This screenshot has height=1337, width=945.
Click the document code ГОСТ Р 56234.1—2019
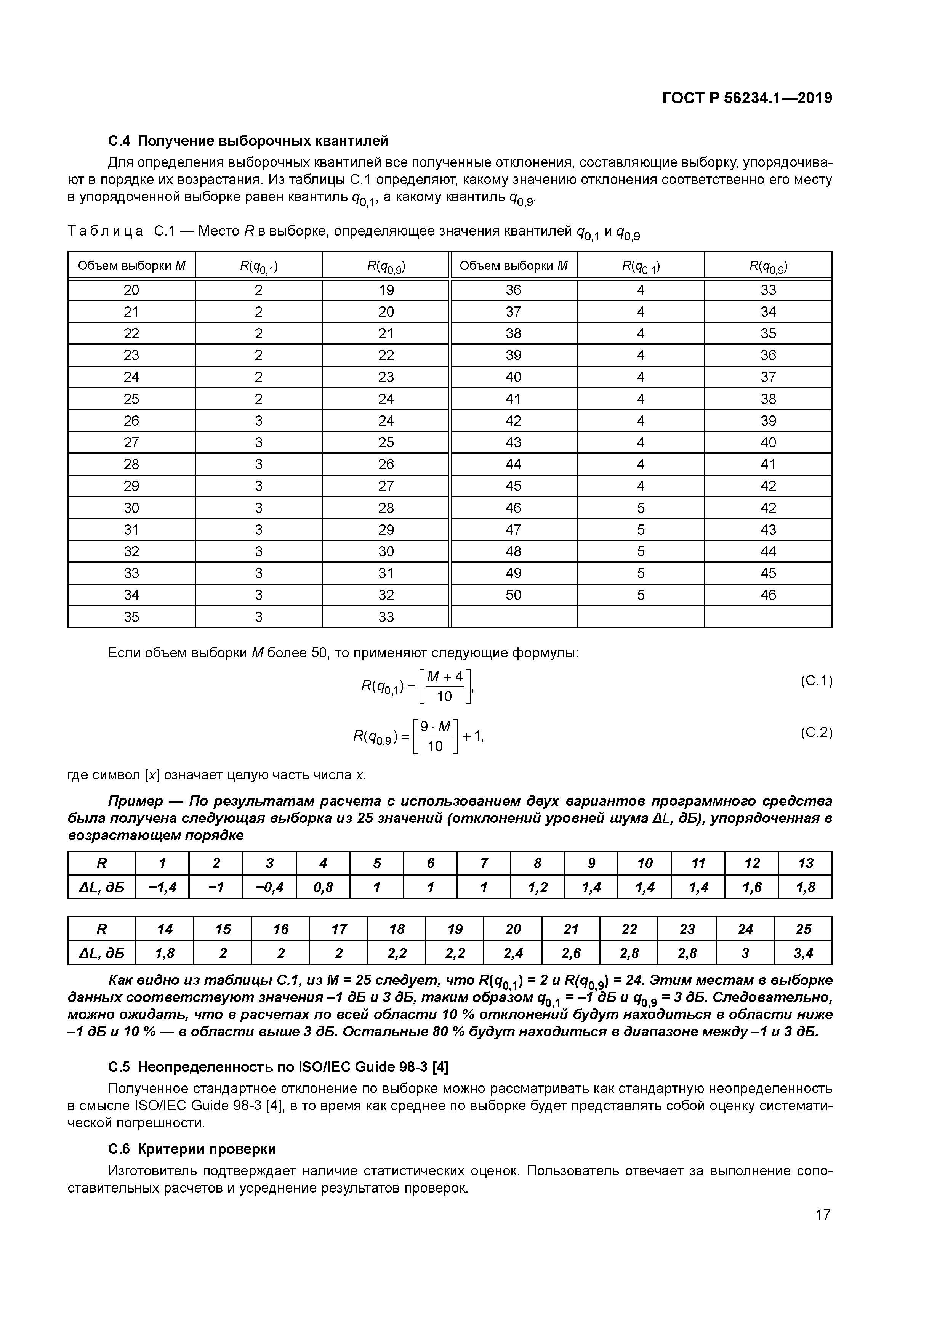(747, 98)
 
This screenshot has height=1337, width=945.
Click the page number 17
(823, 1215)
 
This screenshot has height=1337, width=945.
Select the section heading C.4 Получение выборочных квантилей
(248, 141)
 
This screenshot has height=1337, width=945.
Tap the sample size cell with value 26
(131, 420)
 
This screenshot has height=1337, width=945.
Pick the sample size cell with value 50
(514, 595)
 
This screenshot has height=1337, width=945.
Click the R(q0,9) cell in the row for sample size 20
(386, 290)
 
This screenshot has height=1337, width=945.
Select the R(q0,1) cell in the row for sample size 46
(641, 508)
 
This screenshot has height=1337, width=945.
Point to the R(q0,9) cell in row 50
(768, 595)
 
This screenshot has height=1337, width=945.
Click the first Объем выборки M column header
(131, 266)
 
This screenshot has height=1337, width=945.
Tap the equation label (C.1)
(816, 681)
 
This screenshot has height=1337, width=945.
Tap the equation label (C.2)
(816, 733)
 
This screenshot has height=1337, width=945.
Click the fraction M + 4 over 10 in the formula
(444, 686)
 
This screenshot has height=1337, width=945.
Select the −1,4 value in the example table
(162, 887)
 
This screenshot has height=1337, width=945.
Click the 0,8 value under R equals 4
(323, 887)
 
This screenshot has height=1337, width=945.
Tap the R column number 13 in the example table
(805, 863)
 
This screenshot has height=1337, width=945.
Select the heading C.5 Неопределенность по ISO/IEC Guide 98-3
(278, 1067)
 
